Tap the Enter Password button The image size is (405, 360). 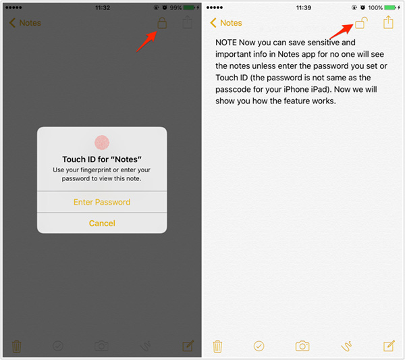tap(102, 202)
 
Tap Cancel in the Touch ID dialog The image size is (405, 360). tap(102, 223)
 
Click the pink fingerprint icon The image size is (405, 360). tap(102, 143)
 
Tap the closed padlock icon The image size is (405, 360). tap(162, 23)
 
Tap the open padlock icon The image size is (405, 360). tap(361, 22)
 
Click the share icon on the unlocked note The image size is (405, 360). tap(388, 22)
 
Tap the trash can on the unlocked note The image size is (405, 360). tap(217, 346)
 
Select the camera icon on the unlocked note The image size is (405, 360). tap(302, 346)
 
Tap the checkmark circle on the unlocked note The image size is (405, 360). tap(259, 346)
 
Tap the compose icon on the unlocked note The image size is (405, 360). tap(389, 346)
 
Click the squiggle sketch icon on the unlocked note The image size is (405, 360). tap(346, 346)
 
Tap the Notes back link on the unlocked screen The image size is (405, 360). tap(226, 23)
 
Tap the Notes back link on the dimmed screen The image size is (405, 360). tap(25, 23)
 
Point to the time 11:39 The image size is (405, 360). tap(304, 7)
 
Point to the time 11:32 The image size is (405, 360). tap(103, 7)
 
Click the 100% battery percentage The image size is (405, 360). tap(375, 7)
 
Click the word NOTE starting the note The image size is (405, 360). tap(226, 43)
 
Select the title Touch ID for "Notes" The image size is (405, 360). tap(102, 159)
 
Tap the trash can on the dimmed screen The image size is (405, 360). tap(16, 346)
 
